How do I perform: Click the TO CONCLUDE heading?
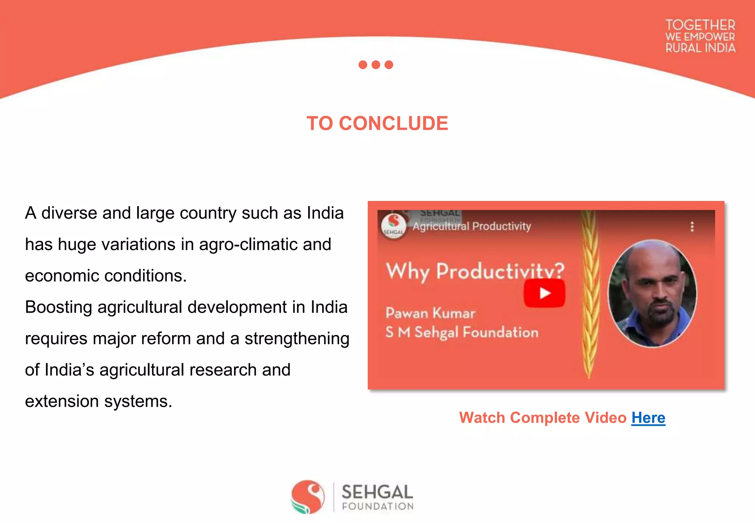coord(377,123)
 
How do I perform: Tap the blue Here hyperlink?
coord(648,418)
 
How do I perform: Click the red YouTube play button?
coord(544,293)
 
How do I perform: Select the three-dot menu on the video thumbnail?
coord(692,226)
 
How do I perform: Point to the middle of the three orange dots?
coord(376,65)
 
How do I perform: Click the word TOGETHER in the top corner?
coord(700,25)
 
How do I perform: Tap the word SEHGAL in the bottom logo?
coord(377,492)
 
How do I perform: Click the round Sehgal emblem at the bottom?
coord(308,496)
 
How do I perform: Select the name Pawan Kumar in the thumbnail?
coord(430,313)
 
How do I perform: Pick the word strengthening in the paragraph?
coord(297,339)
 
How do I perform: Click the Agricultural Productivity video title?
coord(472,226)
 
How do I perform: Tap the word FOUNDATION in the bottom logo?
coord(377,506)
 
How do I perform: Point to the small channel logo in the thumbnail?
coord(393,225)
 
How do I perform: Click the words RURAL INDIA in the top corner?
coord(700,48)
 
